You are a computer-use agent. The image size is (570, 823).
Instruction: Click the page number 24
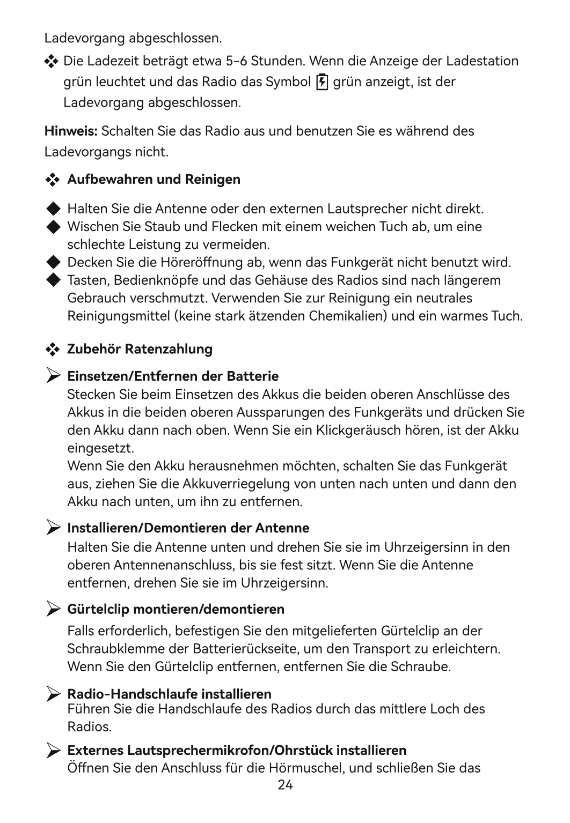tap(285, 786)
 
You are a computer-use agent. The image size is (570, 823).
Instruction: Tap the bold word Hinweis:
tap(71, 131)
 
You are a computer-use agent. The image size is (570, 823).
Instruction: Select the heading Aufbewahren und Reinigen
tap(154, 179)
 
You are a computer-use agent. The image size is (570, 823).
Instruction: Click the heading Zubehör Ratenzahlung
tap(140, 349)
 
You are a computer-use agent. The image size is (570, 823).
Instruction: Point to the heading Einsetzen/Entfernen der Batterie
tap(173, 376)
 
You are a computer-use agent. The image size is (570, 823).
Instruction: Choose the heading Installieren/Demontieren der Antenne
tap(188, 528)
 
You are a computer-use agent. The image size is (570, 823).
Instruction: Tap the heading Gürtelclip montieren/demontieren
tap(176, 609)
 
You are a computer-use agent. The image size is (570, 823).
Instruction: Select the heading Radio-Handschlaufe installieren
tap(169, 694)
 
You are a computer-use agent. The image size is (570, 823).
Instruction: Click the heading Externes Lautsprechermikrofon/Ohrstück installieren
tap(237, 750)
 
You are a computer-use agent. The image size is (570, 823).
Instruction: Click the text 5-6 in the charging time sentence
tap(236, 61)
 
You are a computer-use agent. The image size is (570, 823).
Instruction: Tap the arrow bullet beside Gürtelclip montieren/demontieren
tap(53, 609)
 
